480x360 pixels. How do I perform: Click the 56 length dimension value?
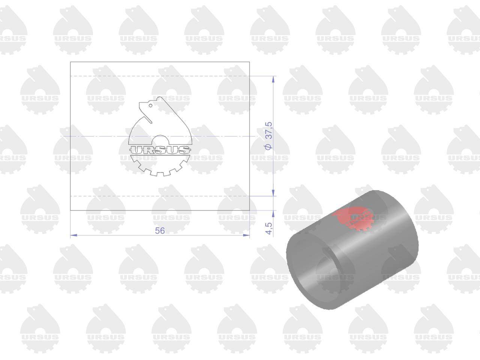pos(160,231)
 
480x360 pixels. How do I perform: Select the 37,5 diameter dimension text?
pos(268,130)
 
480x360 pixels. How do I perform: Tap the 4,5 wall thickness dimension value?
pos(269,228)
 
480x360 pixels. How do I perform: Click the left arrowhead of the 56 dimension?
pos(74,235)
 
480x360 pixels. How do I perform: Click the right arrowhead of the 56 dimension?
pos(246,235)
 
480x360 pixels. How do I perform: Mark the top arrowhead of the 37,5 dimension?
pos(273,79)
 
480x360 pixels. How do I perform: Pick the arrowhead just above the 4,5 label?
pos(273,213)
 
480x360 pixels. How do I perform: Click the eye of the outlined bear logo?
pos(150,106)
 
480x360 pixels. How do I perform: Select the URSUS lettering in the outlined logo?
pos(160,150)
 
